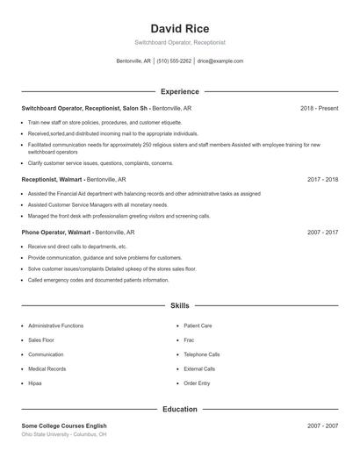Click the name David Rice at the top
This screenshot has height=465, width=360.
point(180,28)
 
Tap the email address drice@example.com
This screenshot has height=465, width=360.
point(220,61)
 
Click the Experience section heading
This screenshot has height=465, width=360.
point(180,91)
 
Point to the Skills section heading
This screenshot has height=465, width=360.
point(180,306)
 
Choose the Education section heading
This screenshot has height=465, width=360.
point(180,409)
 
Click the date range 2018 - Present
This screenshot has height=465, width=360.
point(319,108)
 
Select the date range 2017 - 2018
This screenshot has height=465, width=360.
point(322,179)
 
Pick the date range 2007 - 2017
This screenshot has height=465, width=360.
point(322,232)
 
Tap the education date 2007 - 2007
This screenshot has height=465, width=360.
point(322,426)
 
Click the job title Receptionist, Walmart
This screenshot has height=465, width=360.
point(52,179)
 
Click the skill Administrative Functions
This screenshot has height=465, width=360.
point(56,325)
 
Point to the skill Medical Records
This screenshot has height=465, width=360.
point(47,368)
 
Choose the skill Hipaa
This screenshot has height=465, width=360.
point(35,383)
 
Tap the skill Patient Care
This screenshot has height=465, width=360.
point(198,325)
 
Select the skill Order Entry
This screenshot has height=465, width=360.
point(197,383)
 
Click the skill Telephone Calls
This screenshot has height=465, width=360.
point(202,354)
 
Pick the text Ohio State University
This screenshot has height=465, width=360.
point(52,434)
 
